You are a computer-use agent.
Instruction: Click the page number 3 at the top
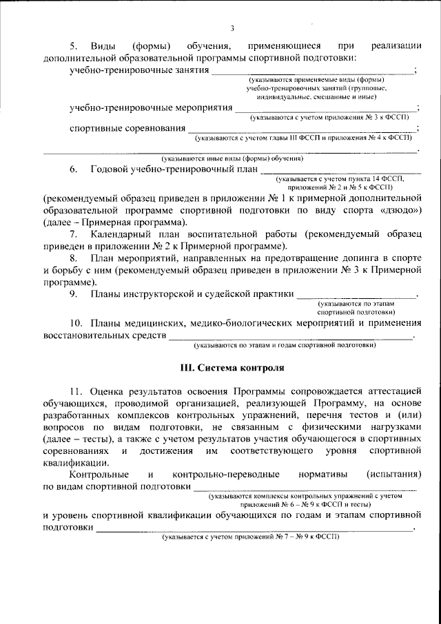pyautogui.click(x=232, y=28)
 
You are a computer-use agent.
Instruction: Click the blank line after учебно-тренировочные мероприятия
pyautogui.click(x=325, y=109)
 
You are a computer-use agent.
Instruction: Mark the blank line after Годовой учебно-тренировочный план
pyautogui.click(x=340, y=169)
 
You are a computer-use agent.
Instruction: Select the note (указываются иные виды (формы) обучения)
pyautogui.click(x=232, y=158)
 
